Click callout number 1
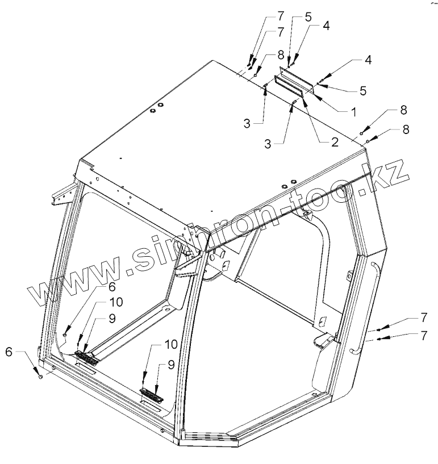coord(352,112)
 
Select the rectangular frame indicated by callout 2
coord(293,87)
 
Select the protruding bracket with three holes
coord(59,195)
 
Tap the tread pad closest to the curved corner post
coord(152,395)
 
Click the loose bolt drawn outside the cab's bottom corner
coord(40,376)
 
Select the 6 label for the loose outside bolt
coord(9,352)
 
